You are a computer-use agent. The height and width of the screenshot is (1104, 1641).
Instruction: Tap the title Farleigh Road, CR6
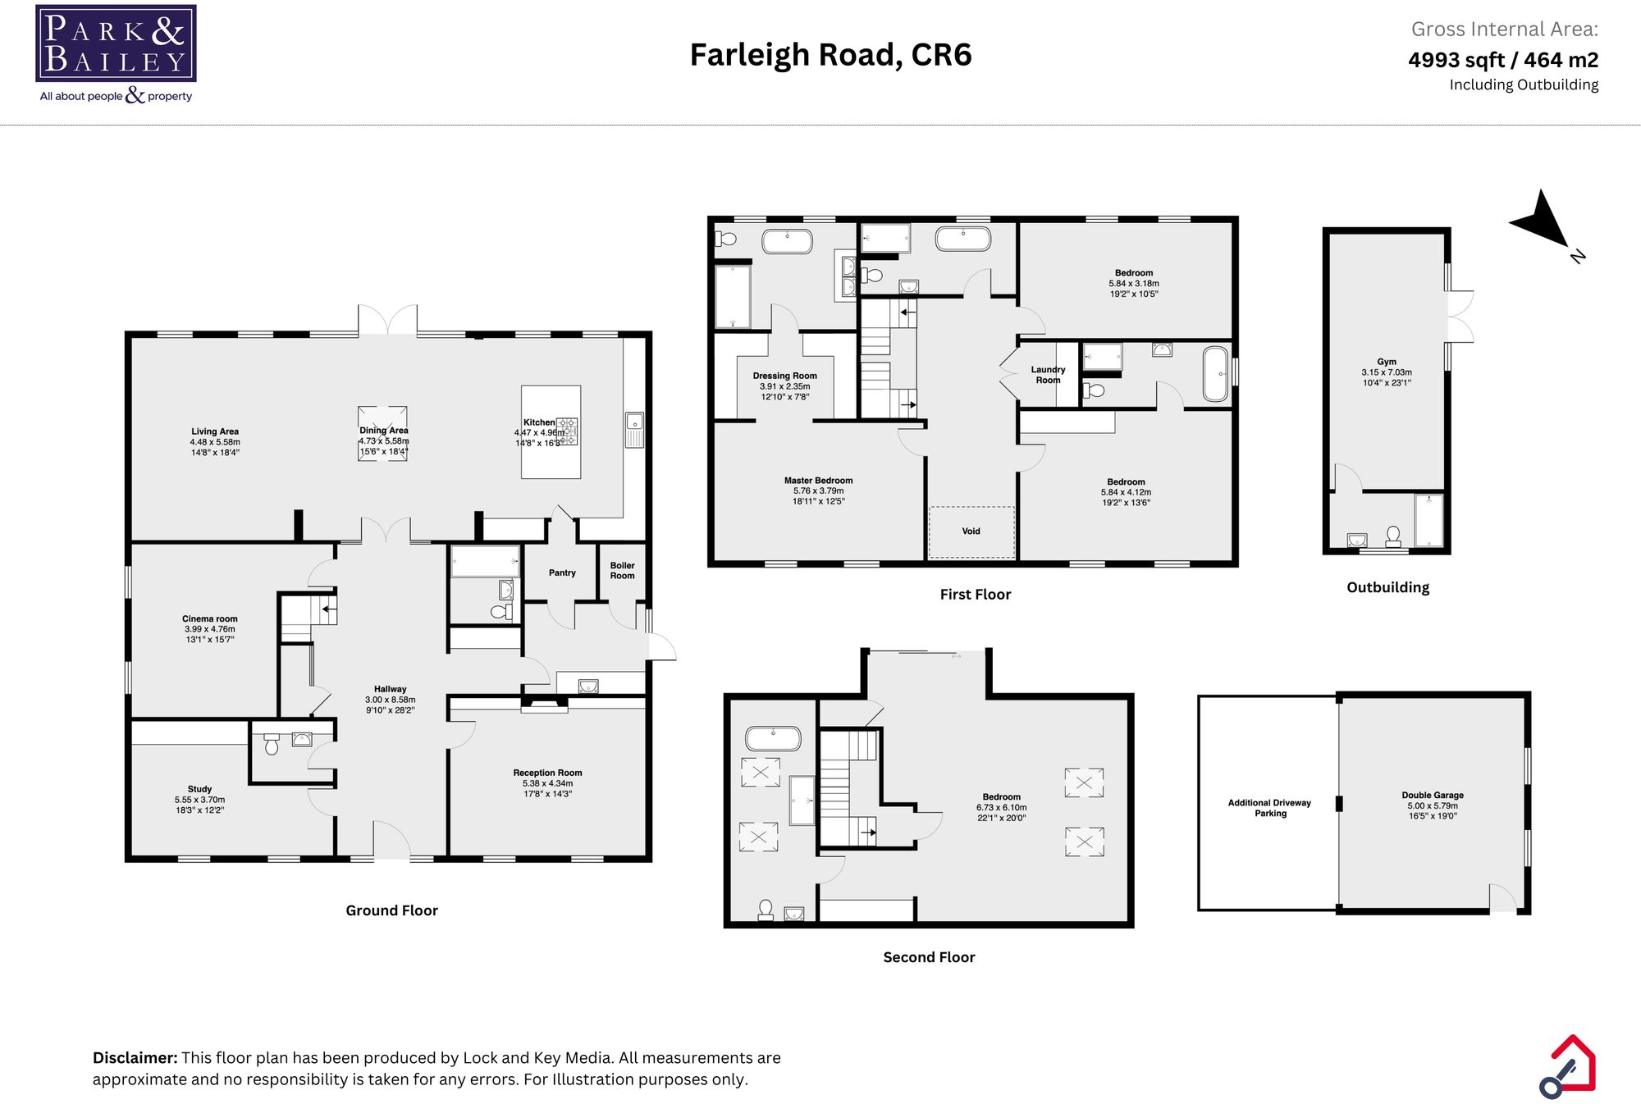830,55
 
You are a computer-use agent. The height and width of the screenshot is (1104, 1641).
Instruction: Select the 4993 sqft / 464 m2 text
1502,60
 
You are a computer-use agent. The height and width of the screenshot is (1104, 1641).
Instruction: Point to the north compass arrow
1543,221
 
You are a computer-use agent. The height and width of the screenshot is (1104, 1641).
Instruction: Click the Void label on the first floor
971,531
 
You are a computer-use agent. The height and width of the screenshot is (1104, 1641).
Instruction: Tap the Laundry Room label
1048,375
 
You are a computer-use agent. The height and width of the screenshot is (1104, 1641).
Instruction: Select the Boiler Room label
622,570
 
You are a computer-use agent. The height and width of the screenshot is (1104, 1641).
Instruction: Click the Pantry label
562,573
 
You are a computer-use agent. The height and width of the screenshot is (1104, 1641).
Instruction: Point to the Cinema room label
210,619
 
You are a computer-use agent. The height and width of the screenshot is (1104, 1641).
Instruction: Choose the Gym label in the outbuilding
1387,362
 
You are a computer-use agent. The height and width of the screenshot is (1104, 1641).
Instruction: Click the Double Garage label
1433,795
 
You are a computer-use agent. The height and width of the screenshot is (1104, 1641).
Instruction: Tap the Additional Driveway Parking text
1269,808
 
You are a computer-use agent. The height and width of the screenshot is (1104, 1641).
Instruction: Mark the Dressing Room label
784,376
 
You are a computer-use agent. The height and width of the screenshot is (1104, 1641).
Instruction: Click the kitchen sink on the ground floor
634,423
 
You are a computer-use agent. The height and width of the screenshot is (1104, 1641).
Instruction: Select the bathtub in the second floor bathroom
772,738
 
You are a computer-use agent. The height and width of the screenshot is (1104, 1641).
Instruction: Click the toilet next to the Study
272,745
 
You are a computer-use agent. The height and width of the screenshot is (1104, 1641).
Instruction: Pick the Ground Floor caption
391,910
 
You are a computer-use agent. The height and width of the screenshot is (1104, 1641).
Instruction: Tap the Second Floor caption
929,957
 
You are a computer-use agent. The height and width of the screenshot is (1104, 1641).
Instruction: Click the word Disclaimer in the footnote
135,1058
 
